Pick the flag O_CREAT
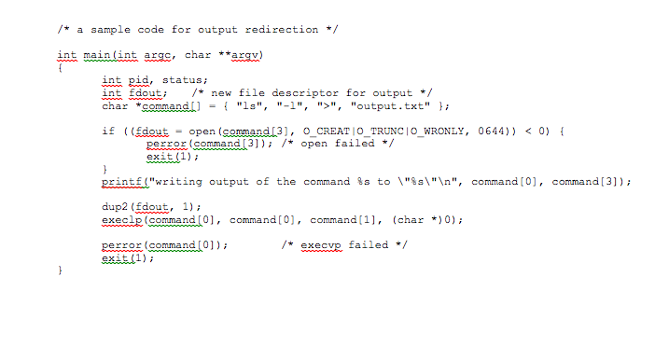(x=329, y=132)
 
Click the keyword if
(x=107, y=132)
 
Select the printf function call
(x=120, y=182)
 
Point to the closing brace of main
(x=60, y=271)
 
